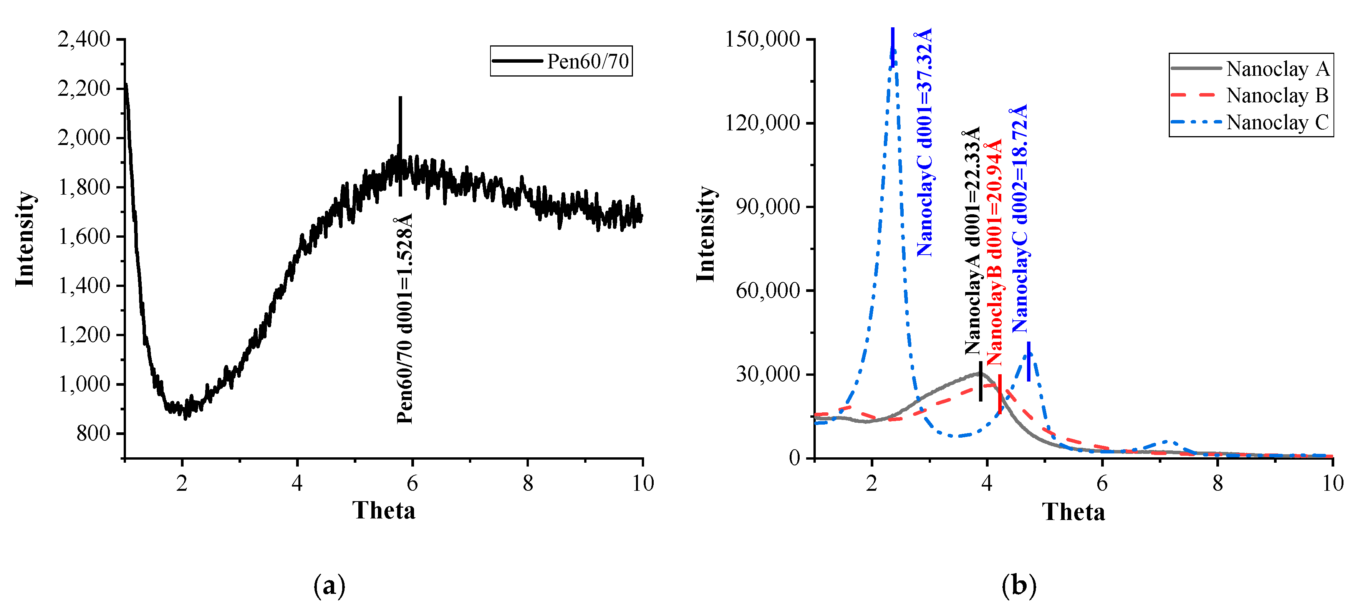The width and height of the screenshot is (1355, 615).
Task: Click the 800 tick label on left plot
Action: pos(94,433)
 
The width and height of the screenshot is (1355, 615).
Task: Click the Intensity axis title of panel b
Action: pos(706,234)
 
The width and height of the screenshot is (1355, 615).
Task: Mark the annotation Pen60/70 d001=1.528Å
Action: pos(404,318)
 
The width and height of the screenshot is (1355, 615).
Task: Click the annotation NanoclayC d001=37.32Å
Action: pos(924,142)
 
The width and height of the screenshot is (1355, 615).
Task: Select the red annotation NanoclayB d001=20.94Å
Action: pos(994,253)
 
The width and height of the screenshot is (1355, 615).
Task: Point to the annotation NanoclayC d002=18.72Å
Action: pos(1019,218)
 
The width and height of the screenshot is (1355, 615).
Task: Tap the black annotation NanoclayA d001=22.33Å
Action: pos(972,240)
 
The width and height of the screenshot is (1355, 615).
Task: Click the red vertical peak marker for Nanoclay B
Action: pos(999,394)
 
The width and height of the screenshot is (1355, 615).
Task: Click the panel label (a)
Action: pos(329,585)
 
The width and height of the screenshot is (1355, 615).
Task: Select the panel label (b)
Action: pos(1019,585)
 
